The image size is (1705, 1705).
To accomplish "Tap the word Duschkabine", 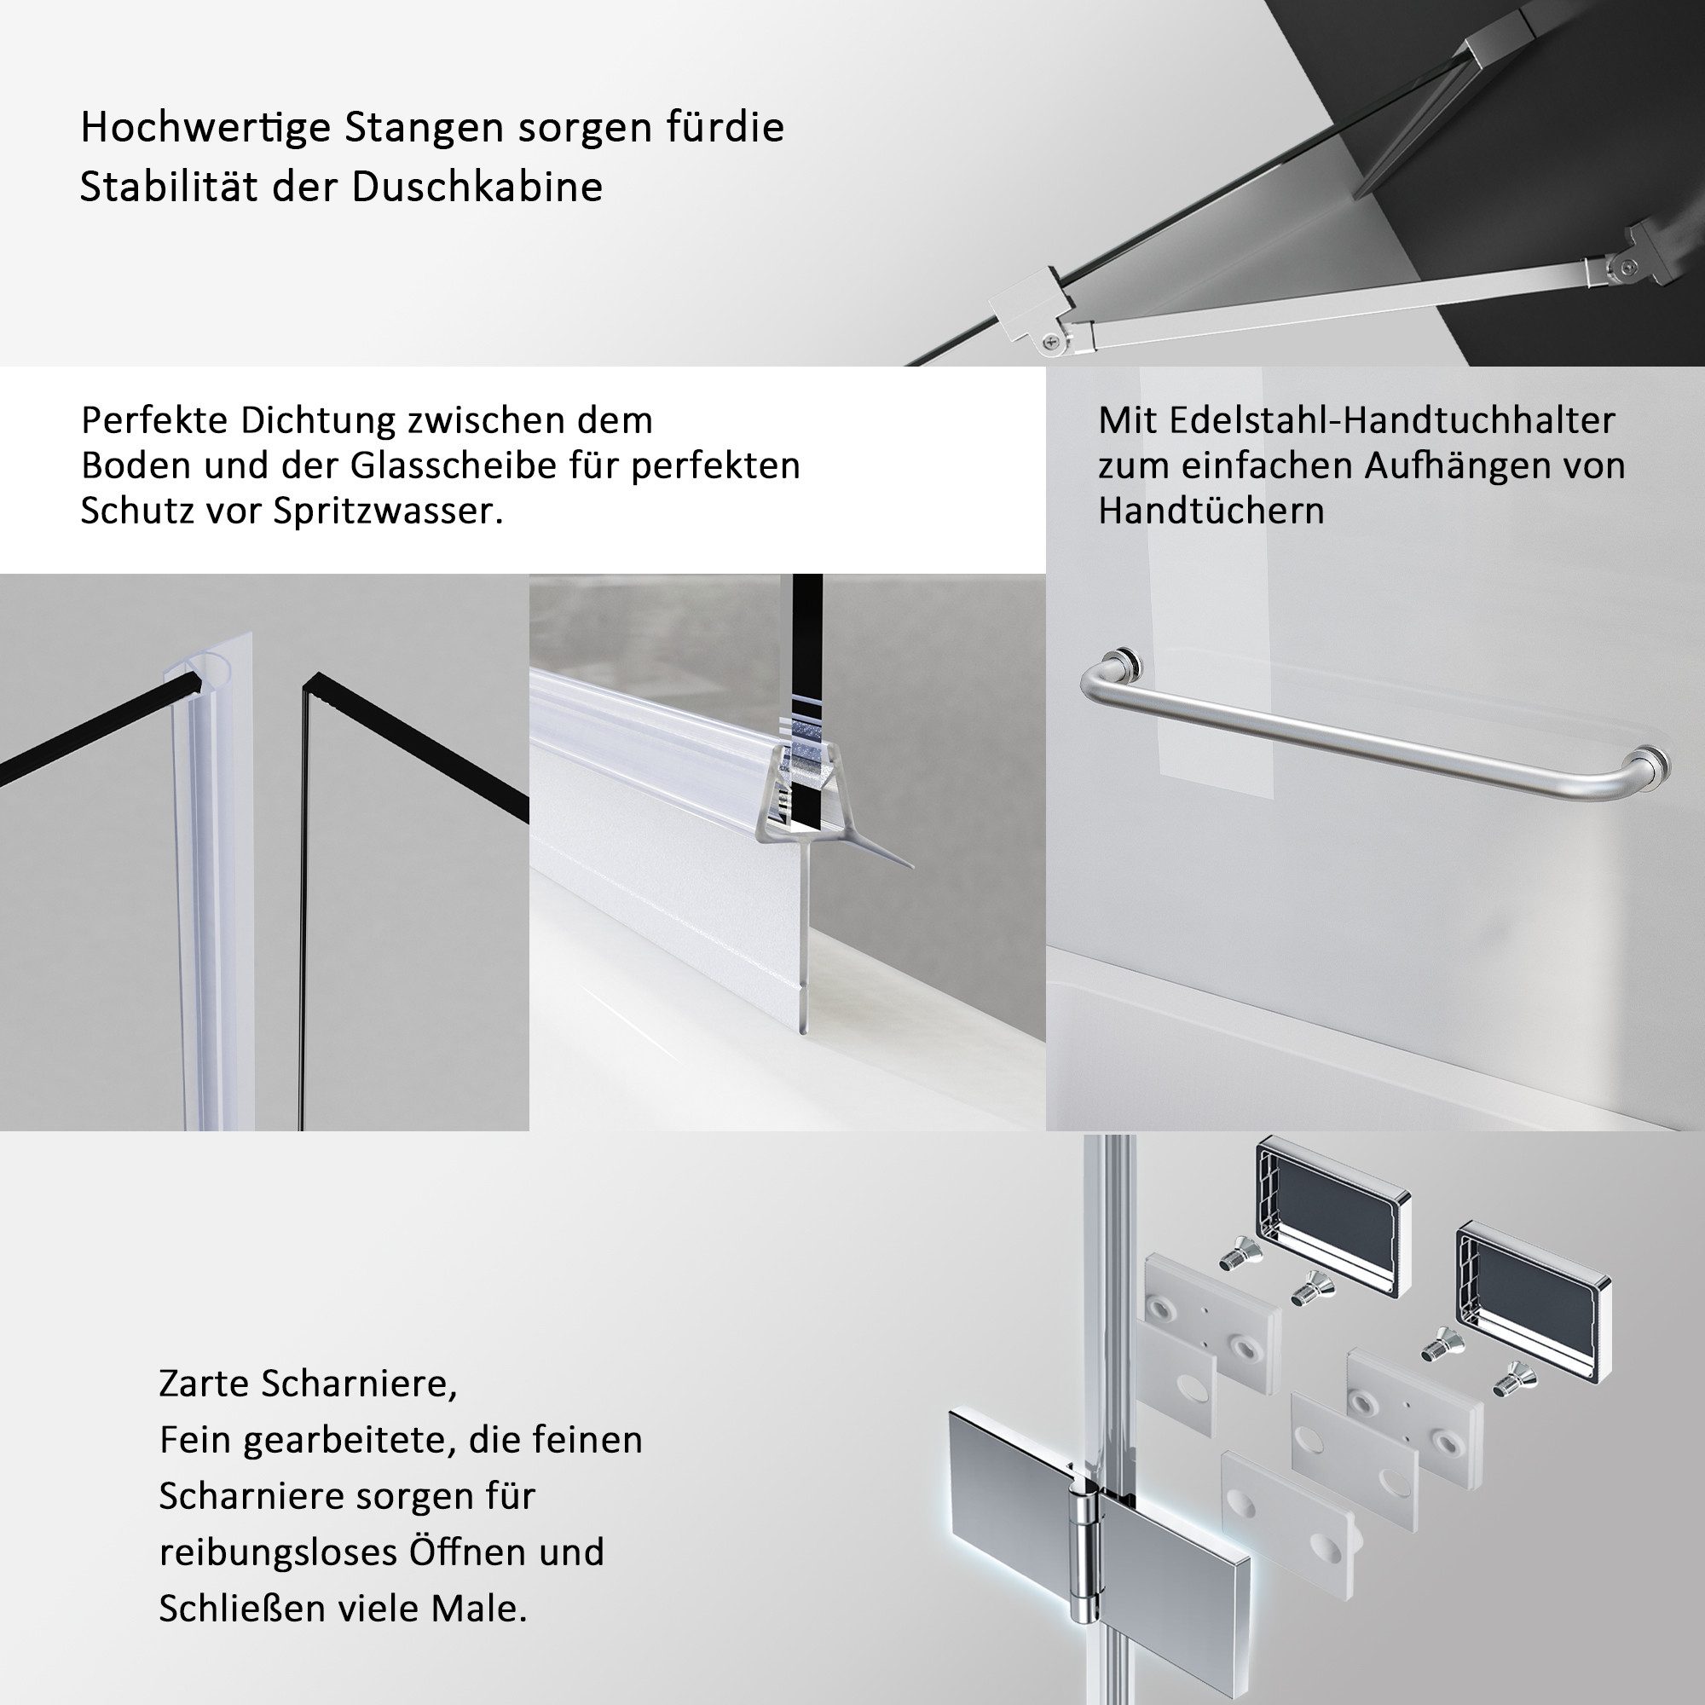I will point(477,187).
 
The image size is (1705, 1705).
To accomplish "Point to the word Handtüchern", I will point(1211,511).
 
